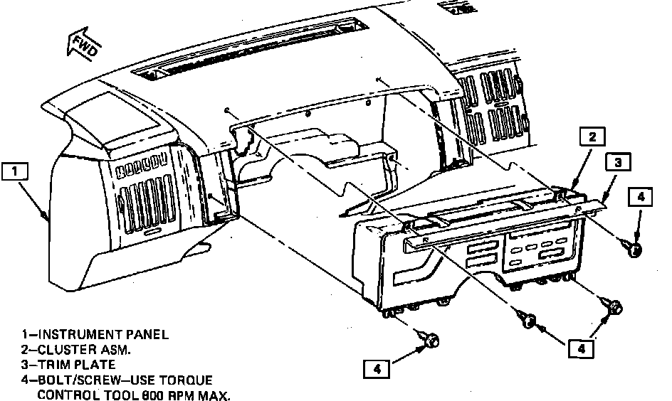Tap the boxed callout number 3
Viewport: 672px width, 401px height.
[x=618, y=163]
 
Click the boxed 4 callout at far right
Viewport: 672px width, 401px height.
[x=640, y=197]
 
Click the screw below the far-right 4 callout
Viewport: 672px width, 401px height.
[x=634, y=248]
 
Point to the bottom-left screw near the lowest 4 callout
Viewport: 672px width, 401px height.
[x=430, y=341]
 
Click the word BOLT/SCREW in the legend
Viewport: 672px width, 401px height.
[x=70, y=380]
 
